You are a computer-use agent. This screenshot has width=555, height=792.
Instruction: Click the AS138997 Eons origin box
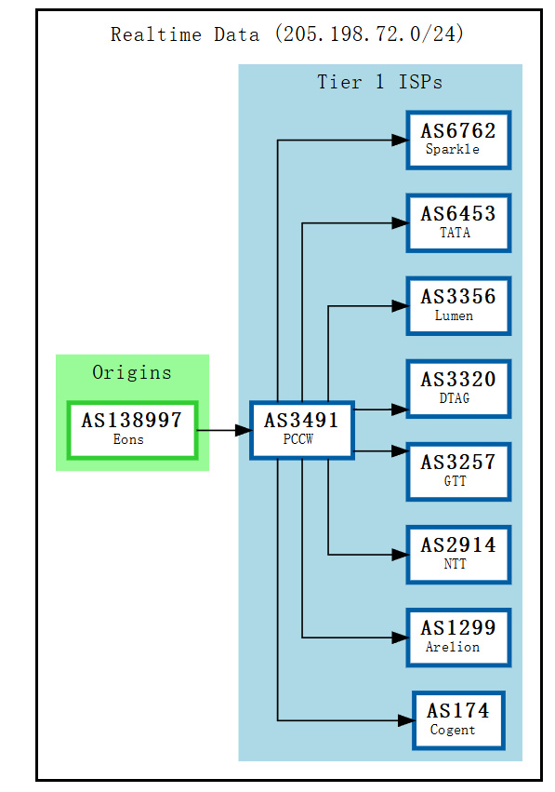point(131,429)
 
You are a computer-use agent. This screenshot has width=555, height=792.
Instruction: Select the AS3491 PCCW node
point(301,429)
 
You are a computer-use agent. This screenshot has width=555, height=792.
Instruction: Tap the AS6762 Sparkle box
point(457,140)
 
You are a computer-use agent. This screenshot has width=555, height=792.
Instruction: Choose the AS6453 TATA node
point(457,222)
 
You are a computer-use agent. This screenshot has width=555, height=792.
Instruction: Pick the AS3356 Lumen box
point(457,305)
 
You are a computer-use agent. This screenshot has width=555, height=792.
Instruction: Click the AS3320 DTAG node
point(457,388)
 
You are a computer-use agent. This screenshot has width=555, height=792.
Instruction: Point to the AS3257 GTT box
point(457,471)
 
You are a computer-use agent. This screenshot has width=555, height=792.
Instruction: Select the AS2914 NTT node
point(457,554)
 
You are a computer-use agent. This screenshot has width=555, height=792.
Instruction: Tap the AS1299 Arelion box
point(457,637)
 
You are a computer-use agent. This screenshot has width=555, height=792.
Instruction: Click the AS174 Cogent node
point(458,719)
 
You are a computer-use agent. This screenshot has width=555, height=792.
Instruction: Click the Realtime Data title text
point(287,35)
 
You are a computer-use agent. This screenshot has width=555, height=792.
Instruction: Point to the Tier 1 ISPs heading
point(379,82)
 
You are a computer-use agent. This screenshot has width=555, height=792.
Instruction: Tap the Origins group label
point(132,372)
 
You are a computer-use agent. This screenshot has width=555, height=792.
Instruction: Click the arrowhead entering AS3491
point(243,430)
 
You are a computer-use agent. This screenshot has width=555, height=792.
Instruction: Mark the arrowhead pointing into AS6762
point(399,141)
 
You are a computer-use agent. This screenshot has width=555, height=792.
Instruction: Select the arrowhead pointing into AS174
point(405,720)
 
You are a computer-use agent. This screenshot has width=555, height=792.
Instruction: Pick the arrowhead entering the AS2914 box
point(399,555)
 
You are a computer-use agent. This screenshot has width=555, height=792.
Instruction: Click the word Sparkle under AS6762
point(453,150)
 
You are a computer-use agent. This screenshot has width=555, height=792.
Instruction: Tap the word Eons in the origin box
point(128,440)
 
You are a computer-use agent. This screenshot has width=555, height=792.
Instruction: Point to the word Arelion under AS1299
point(453,648)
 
